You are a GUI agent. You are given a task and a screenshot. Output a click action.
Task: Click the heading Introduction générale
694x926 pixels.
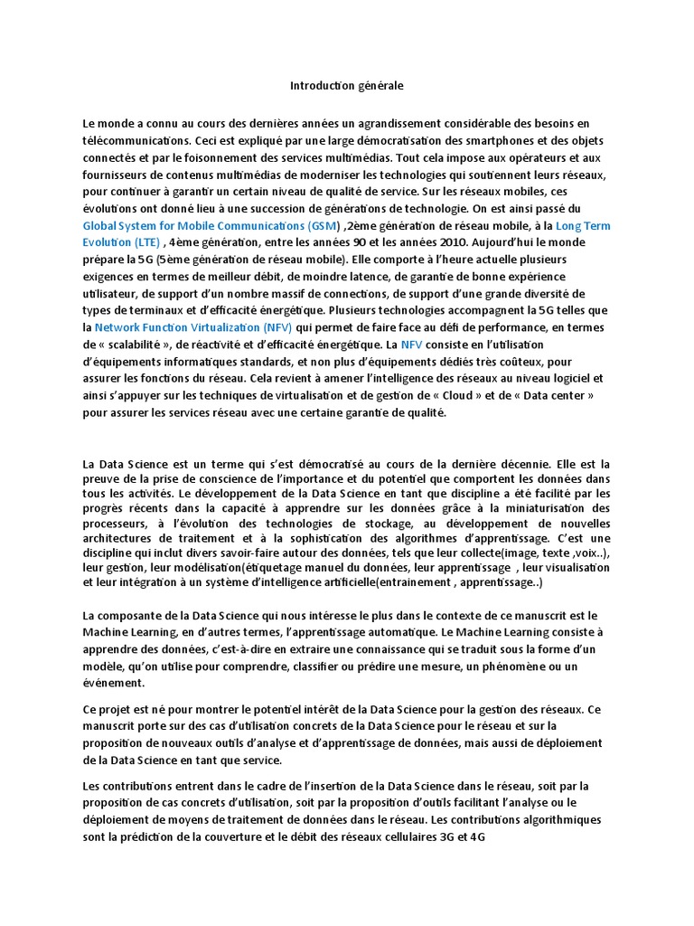pos(346,86)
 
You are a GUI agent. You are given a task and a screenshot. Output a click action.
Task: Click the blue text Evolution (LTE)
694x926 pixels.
pos(121,242)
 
